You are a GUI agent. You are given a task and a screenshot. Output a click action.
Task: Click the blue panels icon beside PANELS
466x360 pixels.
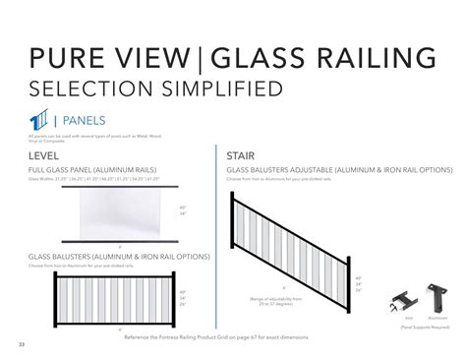pos(38,121)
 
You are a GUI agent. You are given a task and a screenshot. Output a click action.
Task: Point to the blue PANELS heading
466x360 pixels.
pos(76,122)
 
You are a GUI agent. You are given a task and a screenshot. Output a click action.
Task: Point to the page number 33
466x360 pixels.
pos(21,343)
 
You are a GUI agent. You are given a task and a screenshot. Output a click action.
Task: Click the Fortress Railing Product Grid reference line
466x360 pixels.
pos(217,335)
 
